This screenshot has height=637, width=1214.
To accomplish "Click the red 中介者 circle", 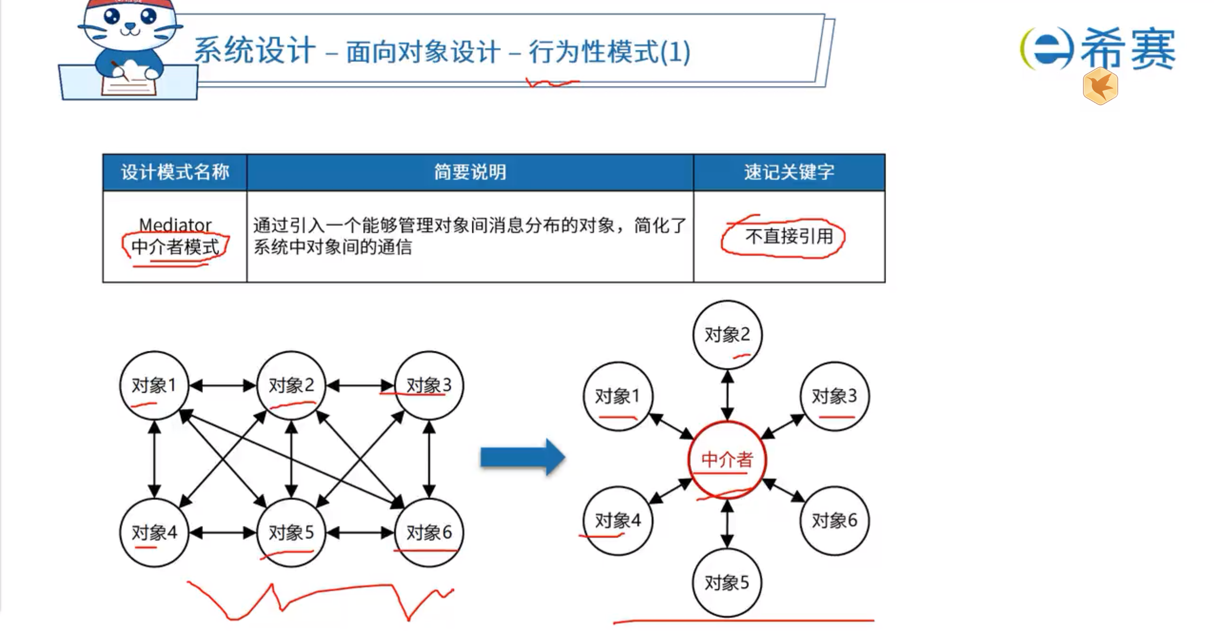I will coord(727,460).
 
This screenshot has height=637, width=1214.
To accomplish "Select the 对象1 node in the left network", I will coord(154,385).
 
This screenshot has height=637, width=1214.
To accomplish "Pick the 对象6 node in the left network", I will coord(429,532).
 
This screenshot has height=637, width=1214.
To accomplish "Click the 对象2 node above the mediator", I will coord(727,335).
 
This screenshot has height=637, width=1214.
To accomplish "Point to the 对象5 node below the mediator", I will coord(727,583).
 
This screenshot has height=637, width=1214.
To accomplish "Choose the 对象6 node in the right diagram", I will coord(835,521).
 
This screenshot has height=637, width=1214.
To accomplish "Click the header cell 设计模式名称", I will coord(175,172).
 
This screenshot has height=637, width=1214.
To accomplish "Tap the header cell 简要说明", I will coord(470,172).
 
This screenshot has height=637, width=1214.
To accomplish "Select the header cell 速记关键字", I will coord(789,172).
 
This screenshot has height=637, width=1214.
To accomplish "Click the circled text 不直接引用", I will coord(789,236).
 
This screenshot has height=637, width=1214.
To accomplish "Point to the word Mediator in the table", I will coord(175,224).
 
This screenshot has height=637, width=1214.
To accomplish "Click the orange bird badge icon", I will coord(1100,87).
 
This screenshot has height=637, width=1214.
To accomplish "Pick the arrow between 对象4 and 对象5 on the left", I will coord(222,533).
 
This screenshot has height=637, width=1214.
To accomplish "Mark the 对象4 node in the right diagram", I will coord(618,521).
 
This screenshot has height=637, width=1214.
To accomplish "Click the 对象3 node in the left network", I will coord(429,385).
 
